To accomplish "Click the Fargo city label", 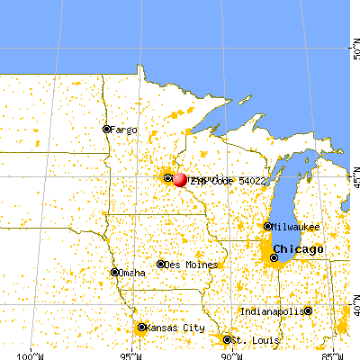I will tap(125, 130).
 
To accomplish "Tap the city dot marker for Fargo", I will tap(106, 129).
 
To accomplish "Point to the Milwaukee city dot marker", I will tap(268, 227).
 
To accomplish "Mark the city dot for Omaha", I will tap(114, 272).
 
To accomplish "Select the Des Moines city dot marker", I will tap(161, 264).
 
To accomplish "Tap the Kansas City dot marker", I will tap(141, 328).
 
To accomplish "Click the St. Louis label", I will tap(247, 339).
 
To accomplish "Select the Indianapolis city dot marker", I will tap(308, 311).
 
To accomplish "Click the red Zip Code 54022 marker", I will tap(180, 179).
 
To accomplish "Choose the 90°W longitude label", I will tap(231, 353).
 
